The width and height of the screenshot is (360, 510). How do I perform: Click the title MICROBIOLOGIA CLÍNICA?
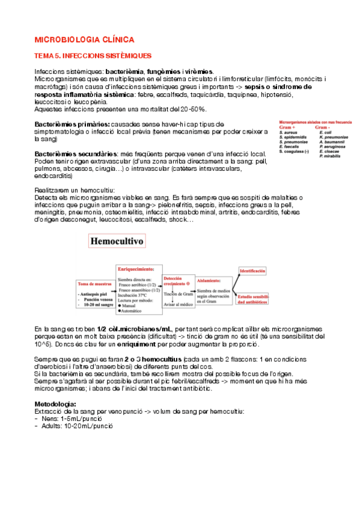pos(84,40)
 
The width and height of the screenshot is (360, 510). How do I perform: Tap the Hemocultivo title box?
pos(116,242)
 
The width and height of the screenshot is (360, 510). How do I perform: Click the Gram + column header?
pos(287,128)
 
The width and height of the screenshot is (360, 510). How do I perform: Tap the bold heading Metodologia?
pos(55,404)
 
